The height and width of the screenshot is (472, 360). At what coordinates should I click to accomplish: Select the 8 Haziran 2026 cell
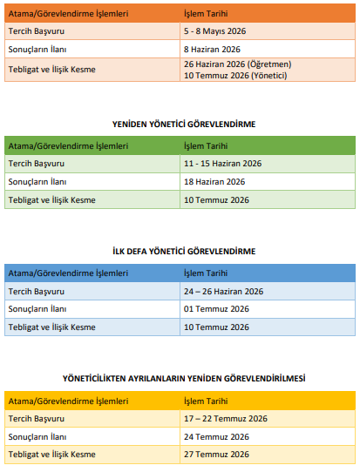pyautogui.click(x=212, y=50)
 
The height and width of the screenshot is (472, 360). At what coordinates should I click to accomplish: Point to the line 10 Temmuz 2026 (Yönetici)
pyautogui.click(x=235, y=75)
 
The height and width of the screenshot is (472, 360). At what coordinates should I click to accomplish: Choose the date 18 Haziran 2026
pyautogui.click(x=214, y=181)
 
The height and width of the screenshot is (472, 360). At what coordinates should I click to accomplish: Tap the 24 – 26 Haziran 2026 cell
pyautogui.click(x=223, y=291)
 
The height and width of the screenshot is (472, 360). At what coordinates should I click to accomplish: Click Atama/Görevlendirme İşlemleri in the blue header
pyautogui.click(x=68, y=273)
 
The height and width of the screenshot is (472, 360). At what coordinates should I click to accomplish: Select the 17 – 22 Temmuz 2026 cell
pyautogui.click(x=225, y=419)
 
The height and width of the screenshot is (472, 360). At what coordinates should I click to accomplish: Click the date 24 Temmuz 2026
pyautogui.click(x=216, y=436)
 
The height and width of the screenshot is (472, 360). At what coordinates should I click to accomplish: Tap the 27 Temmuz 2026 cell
pyautogui.click(x=216, y=455)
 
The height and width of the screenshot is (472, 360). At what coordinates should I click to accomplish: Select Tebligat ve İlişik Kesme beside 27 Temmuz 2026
pyautogui.click(x=51, y=455)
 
